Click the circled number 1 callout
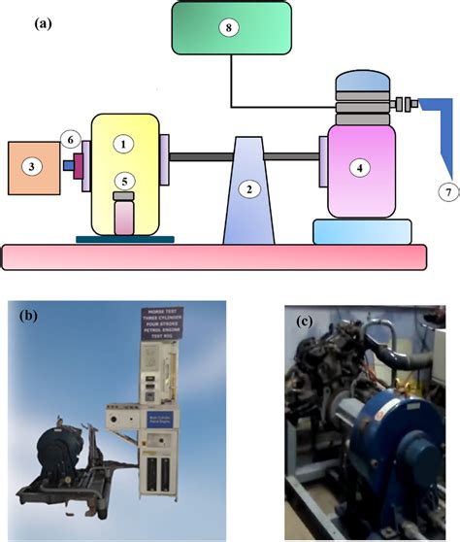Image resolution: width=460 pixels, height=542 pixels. pos(123,144)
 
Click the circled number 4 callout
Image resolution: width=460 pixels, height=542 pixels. pos(360,167)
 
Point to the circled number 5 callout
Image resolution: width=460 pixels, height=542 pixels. pos(123,181)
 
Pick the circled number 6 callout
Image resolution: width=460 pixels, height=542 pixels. pos(70,142)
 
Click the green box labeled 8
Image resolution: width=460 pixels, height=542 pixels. pos(229,28)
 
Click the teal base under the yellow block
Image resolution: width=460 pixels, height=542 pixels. pos(124,236)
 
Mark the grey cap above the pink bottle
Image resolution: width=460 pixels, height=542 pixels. pos(124,196)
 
